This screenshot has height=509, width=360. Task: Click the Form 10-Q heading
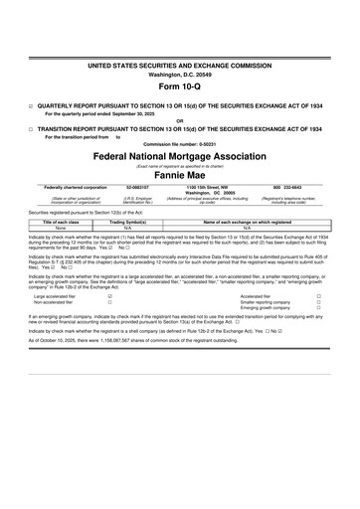[x=179, y=85]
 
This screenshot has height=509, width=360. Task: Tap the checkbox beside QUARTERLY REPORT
[x=31, y=104]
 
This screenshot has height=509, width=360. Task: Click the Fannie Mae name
[x=180, y=175]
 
